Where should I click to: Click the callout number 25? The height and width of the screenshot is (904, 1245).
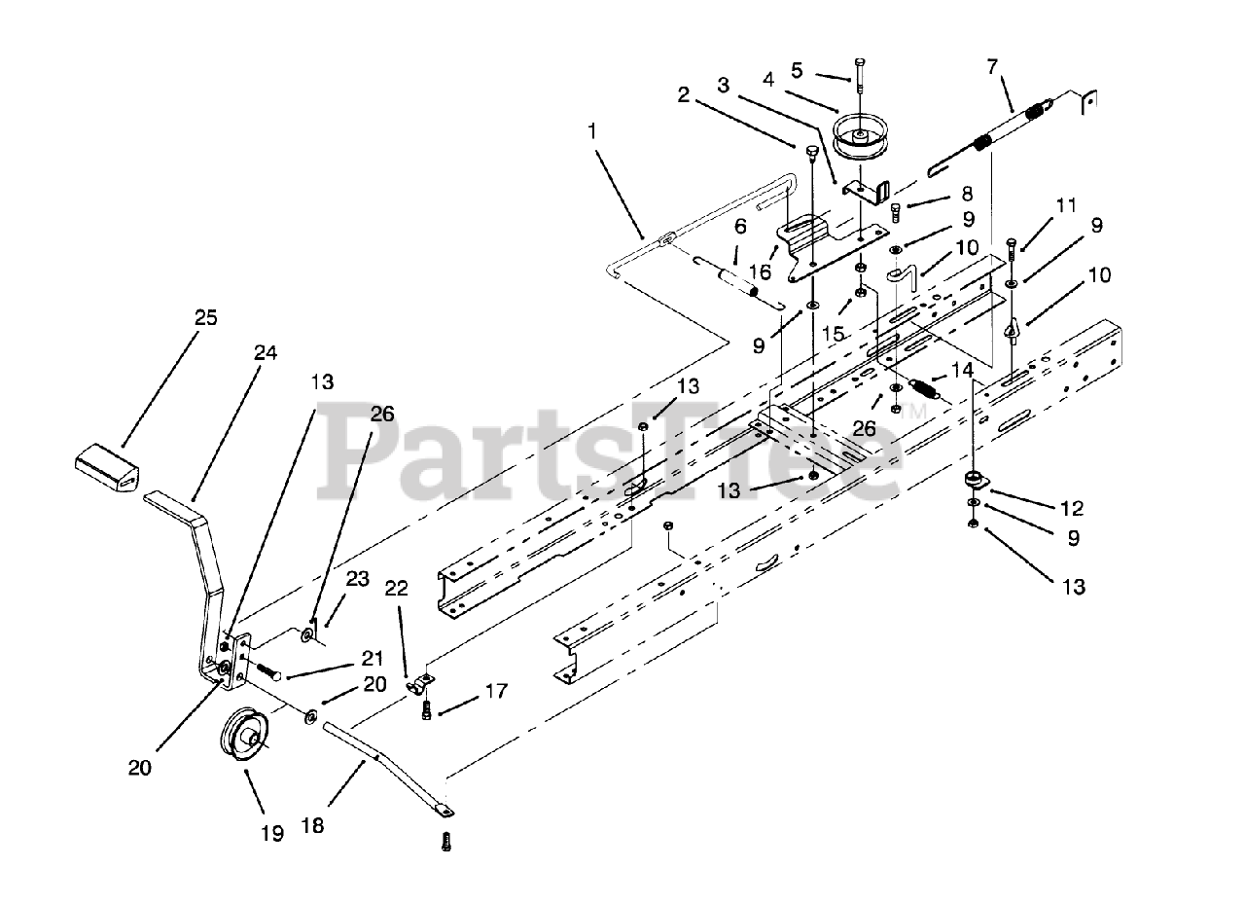point(205,317)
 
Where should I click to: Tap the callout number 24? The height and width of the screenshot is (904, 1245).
point(266,353)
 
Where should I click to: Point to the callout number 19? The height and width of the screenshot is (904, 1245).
point(271,833)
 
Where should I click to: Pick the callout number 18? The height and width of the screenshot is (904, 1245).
point(312,826)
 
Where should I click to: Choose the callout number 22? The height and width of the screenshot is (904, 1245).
point(396,589)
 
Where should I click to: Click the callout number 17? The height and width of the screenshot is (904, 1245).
point(496,691)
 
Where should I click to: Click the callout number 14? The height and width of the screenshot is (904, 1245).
point(962,370)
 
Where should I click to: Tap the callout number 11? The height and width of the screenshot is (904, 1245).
point(1067,205)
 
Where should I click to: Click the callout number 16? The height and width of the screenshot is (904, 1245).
point(760,271)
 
